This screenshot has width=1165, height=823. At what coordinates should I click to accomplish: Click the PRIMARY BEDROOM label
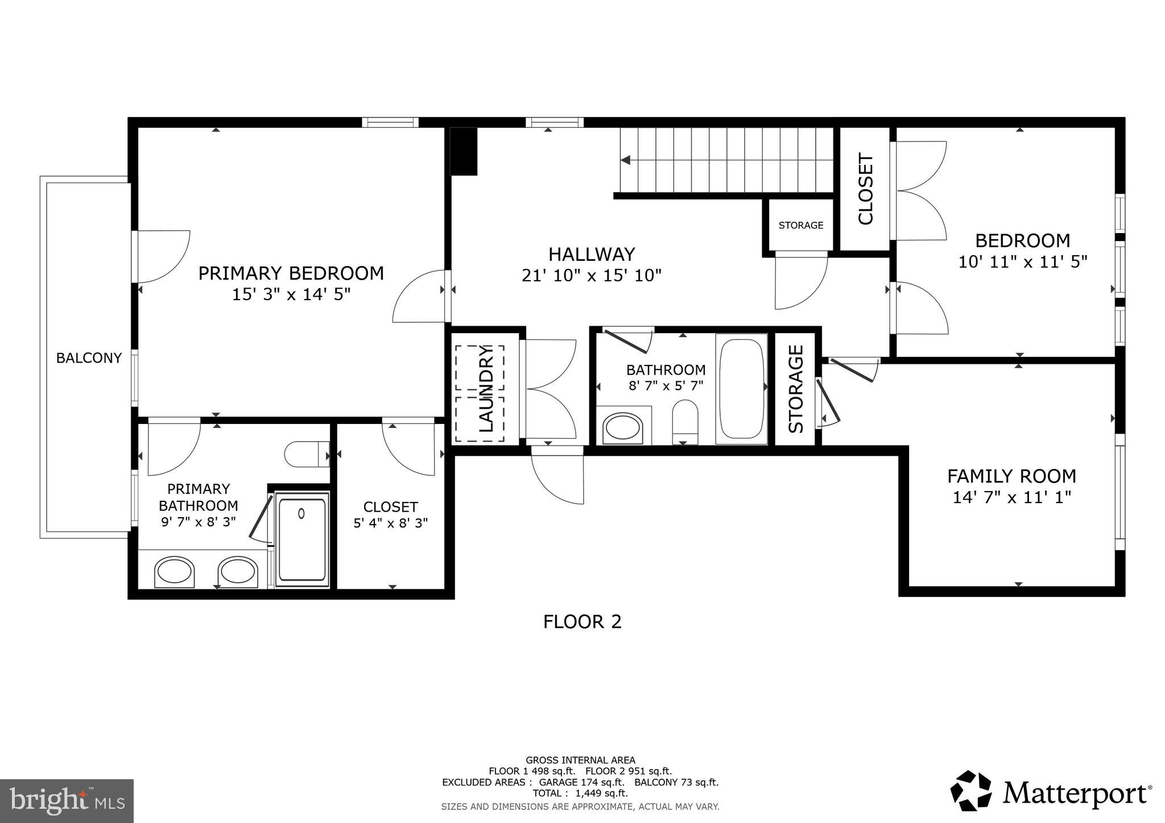[291, 273]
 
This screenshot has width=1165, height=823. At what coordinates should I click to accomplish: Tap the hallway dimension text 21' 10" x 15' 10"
[591, 276]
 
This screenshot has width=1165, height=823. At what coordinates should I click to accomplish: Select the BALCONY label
[89, 358]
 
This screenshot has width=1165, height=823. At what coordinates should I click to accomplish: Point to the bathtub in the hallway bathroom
[741, 388]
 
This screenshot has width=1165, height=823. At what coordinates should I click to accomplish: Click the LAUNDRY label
[486, 389]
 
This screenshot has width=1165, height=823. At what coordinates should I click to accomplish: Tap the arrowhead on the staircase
[626, 160]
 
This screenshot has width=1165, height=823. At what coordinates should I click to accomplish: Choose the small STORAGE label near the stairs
[800, 225]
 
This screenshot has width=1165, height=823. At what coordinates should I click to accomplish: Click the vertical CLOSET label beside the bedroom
[865, 189]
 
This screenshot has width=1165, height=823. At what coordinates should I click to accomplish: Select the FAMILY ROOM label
[1011, 476]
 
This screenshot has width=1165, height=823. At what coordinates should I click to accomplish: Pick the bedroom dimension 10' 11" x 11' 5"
[1022, 262]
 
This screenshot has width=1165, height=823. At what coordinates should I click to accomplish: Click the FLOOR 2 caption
[582, 622]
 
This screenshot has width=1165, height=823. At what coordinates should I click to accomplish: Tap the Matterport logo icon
[971, 791]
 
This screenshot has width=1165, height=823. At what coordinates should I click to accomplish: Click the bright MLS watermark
[67, 801]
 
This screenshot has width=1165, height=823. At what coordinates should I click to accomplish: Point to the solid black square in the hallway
[464, 151]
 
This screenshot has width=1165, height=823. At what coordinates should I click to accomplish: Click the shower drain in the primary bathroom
[301, 513]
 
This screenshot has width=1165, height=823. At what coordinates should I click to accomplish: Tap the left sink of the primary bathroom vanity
[173, 572]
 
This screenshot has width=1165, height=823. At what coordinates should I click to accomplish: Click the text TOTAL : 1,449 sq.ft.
[580, 793]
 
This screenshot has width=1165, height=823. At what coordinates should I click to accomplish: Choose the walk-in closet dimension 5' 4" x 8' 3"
[390, 523]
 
